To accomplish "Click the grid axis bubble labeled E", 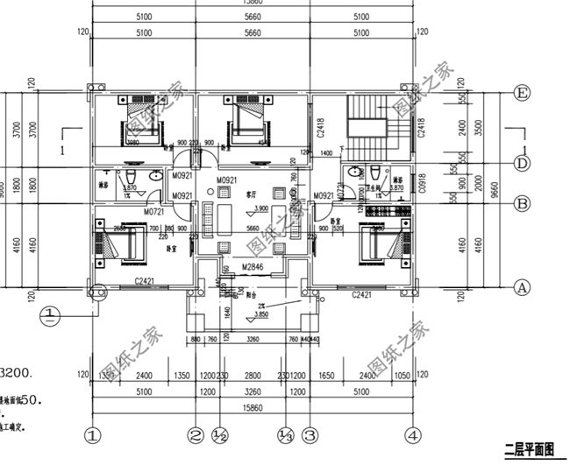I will [x=524, y=92].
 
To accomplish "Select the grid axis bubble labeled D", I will [x=524, y=163].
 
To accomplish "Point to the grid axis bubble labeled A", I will [x=524, y=286].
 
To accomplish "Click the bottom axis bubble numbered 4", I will [x=412, y=433].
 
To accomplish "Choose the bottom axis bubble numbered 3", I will [x=309, y=433].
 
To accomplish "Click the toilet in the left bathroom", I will [x=153, y=175].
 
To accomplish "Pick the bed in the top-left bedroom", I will [x=139, y=123].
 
